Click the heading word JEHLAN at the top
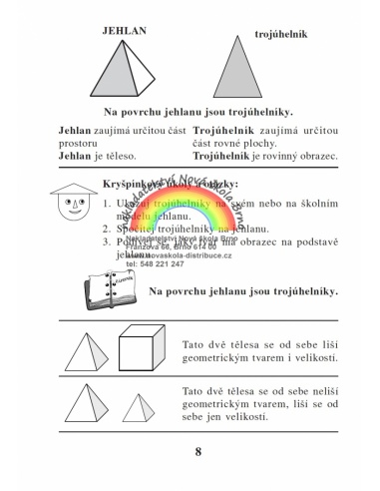(125, 32)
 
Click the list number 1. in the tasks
(107, 202)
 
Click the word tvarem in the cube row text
(268, 357)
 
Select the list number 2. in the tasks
(107, 228)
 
